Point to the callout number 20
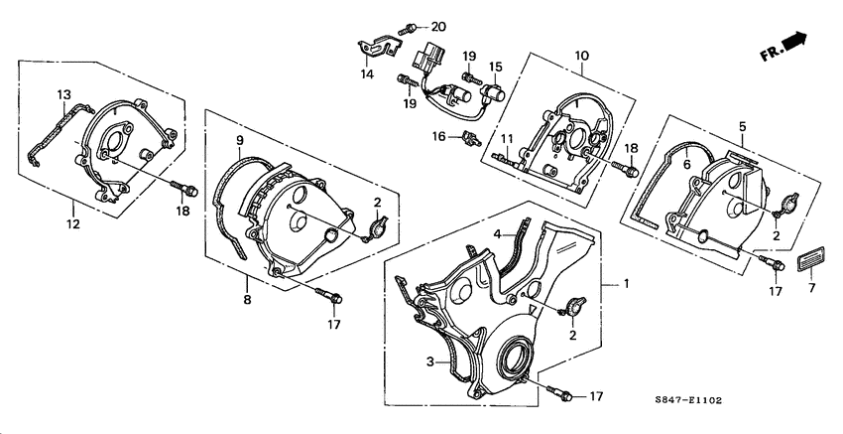point(437,25)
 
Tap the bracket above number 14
point(379,45)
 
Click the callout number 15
point(496,67)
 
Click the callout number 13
point(63,95)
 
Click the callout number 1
point(626,284)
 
